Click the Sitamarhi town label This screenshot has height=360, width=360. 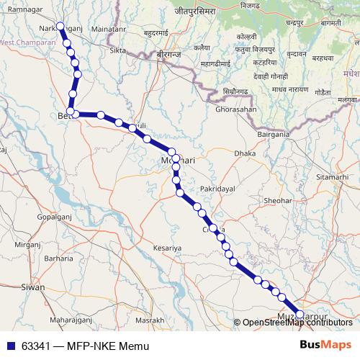coord(331,176)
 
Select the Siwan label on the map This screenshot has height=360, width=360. coord(33,287)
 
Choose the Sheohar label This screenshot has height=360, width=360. coord(278,201)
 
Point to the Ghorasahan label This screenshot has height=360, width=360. coord(235,109)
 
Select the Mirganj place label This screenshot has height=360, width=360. coord(30,245)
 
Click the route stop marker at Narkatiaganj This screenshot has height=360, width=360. coord(60,27)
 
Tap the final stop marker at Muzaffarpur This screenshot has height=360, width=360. coord(300,314)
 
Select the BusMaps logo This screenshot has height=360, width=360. coord(325,346)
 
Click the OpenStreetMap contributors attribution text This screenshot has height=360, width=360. coord(297,323)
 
